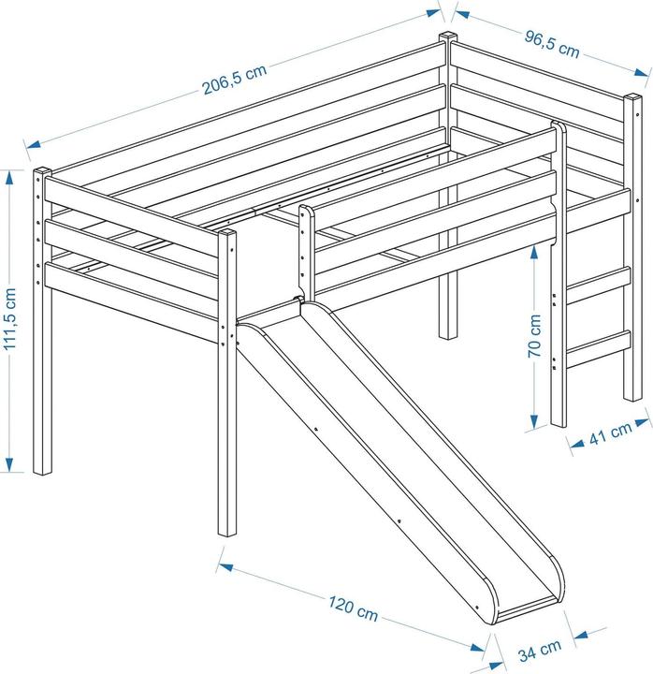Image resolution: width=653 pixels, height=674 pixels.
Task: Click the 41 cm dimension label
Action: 608,435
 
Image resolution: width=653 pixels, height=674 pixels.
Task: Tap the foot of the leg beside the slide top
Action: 227,533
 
